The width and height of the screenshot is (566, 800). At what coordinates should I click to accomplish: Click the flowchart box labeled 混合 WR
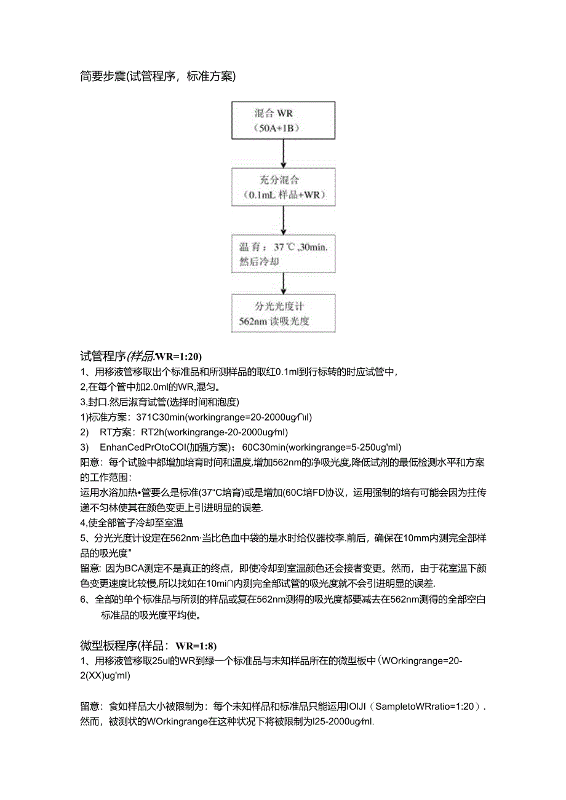(x=283, y=121)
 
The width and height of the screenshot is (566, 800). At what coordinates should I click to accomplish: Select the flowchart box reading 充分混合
(x=283, y=188)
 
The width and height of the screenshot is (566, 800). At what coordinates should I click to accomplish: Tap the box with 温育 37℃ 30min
(x=283, y=253)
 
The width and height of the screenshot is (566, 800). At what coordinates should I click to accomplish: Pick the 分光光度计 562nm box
(x=283, y=313)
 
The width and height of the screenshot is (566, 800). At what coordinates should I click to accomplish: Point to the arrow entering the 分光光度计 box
(x=283, y=283)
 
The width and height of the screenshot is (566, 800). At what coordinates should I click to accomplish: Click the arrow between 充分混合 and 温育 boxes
(x=283, y=220)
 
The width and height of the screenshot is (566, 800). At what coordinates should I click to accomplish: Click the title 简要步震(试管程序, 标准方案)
(x=158, y=77)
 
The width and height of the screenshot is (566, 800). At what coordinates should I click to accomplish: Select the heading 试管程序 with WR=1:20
(x=141, y=356)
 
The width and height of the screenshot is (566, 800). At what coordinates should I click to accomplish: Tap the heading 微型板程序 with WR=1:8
(x=148, y=646)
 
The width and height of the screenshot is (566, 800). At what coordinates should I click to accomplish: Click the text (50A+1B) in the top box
(x=283, y=129)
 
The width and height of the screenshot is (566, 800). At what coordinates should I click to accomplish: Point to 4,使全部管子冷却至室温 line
(x=132, y=523)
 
